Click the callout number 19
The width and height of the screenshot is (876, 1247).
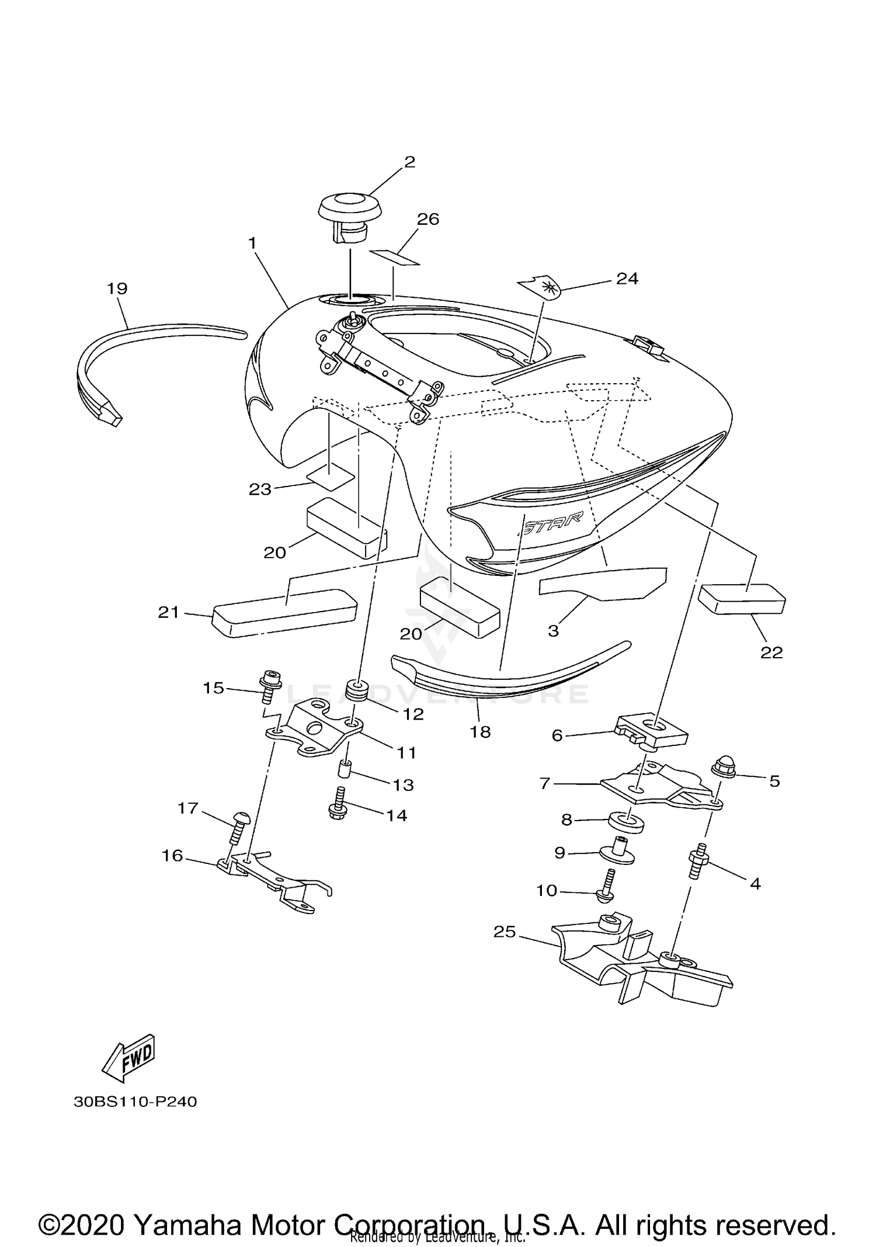pos(117,289)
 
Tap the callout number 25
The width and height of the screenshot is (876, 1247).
pos(505,932)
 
